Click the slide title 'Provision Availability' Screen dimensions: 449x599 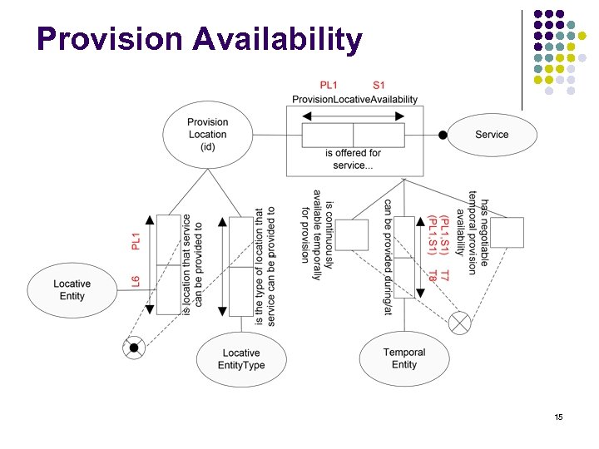pos(200,39)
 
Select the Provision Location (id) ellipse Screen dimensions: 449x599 pos(207,134)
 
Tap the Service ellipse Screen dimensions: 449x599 pos(491,135)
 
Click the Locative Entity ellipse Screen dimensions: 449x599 pos(72,289)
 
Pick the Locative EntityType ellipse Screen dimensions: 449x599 pos(240,359)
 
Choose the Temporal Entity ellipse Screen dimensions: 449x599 pos(403,358)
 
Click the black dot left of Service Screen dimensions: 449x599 pos(443,135)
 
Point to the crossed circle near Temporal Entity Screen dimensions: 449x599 pos(458,323)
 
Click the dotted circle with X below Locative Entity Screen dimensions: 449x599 pos(132,348)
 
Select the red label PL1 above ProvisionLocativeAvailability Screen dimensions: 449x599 pos(330,85)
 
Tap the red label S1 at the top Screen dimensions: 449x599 pos(379,85)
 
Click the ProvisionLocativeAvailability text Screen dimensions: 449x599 pos(354,100)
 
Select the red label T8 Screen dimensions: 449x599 pos(433,274)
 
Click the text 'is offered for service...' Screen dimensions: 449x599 pos(354,159)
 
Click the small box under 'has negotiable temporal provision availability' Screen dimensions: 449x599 pos(507,233)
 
